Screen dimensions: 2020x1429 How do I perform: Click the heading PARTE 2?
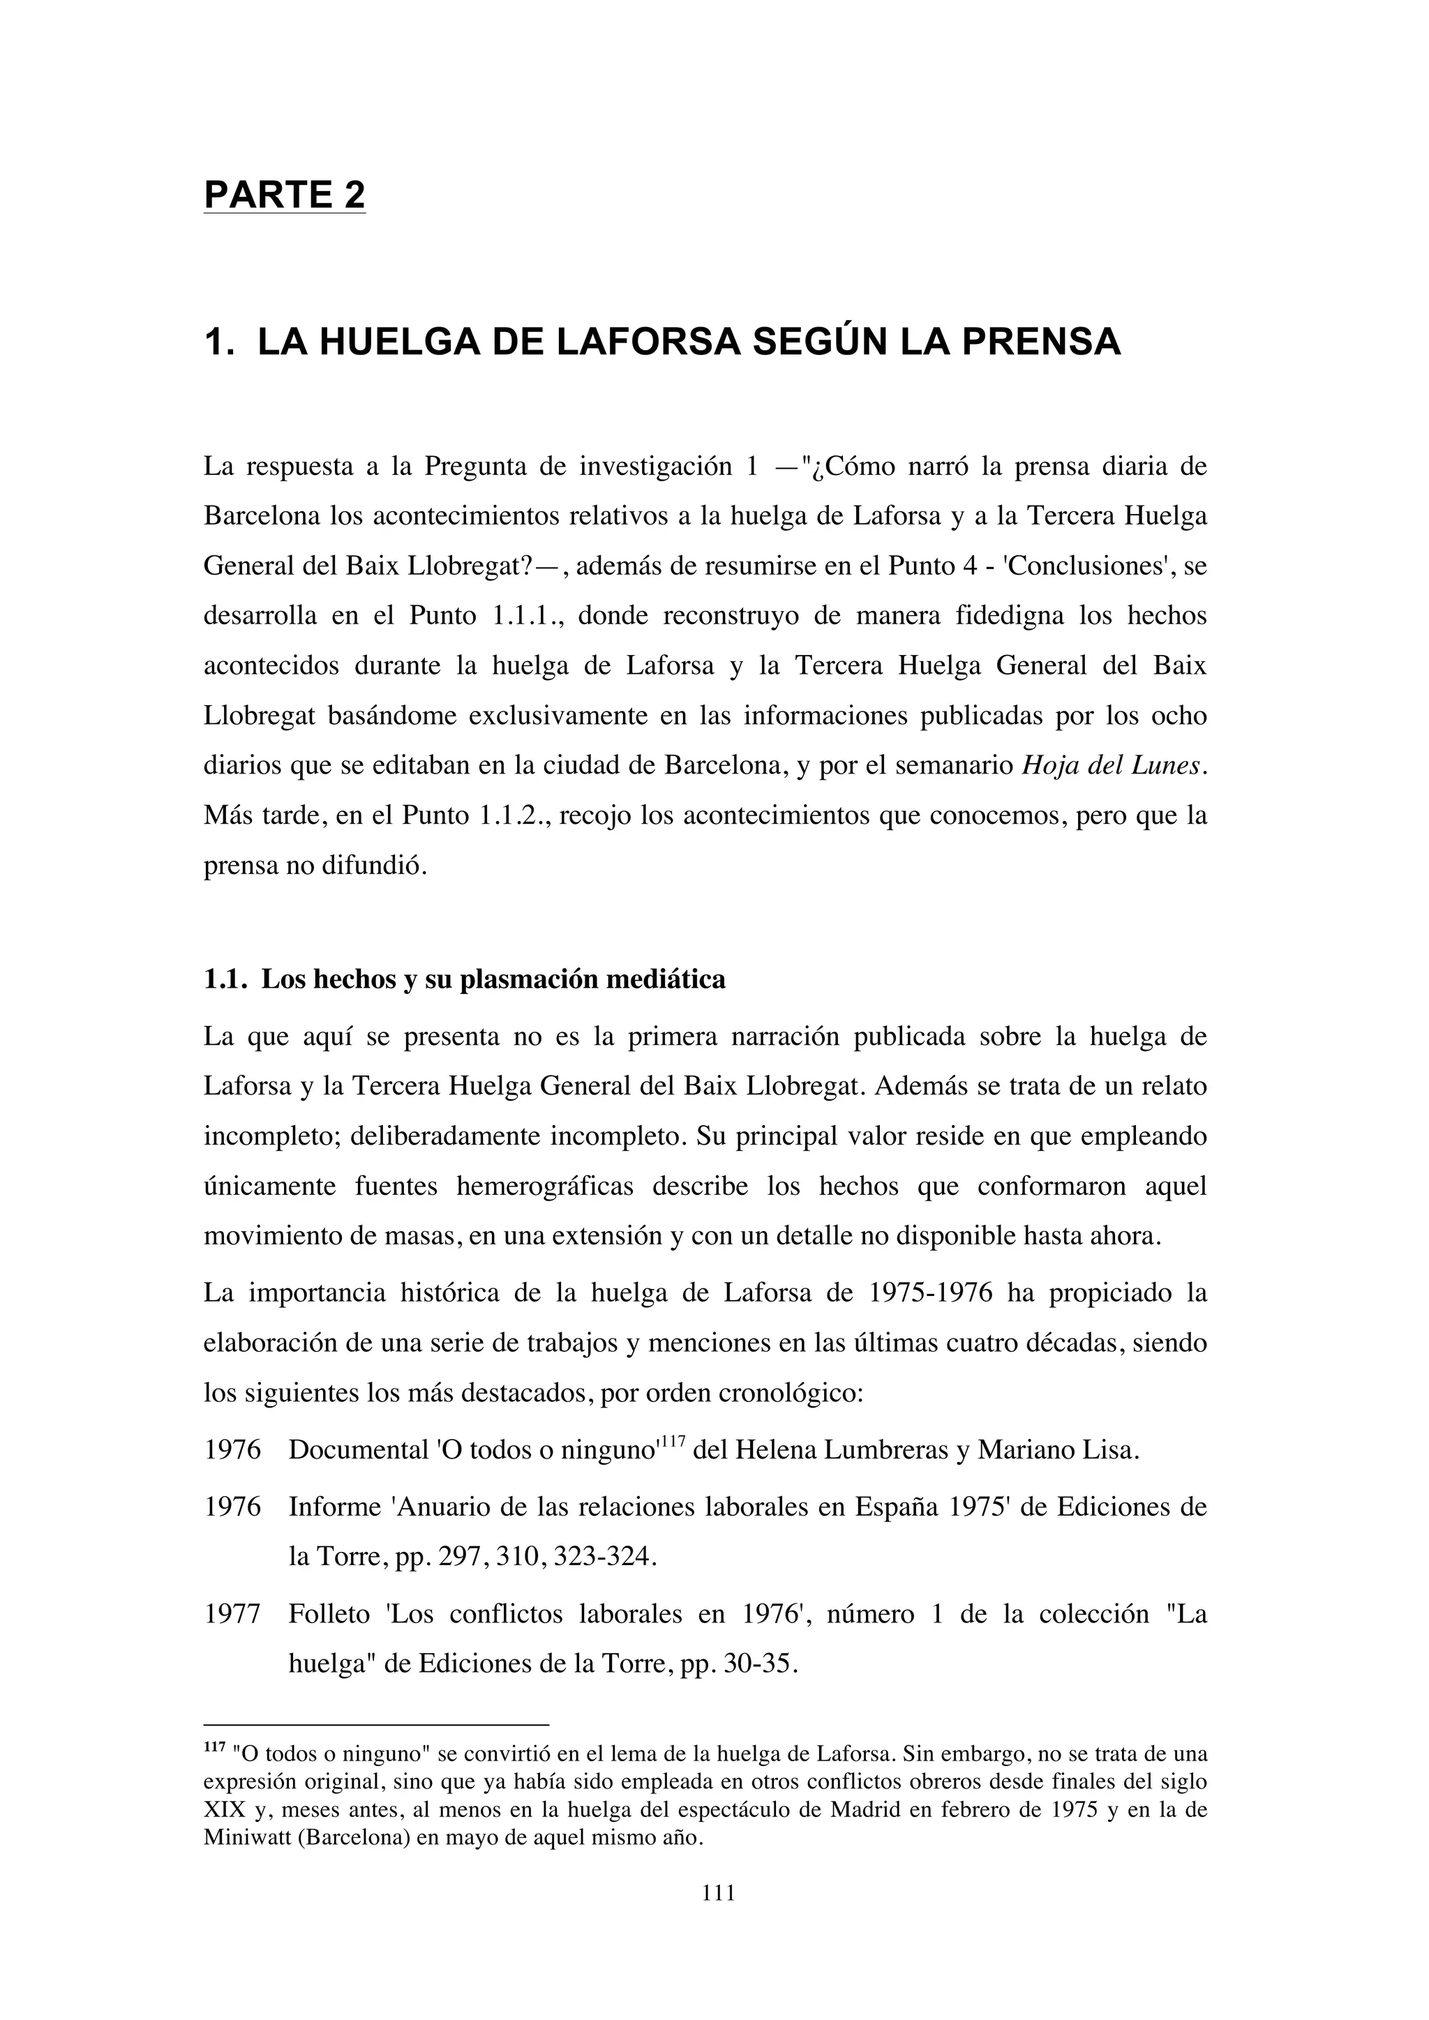[x=284, y=195]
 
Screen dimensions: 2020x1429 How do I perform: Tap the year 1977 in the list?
[x=232, y=1615]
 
